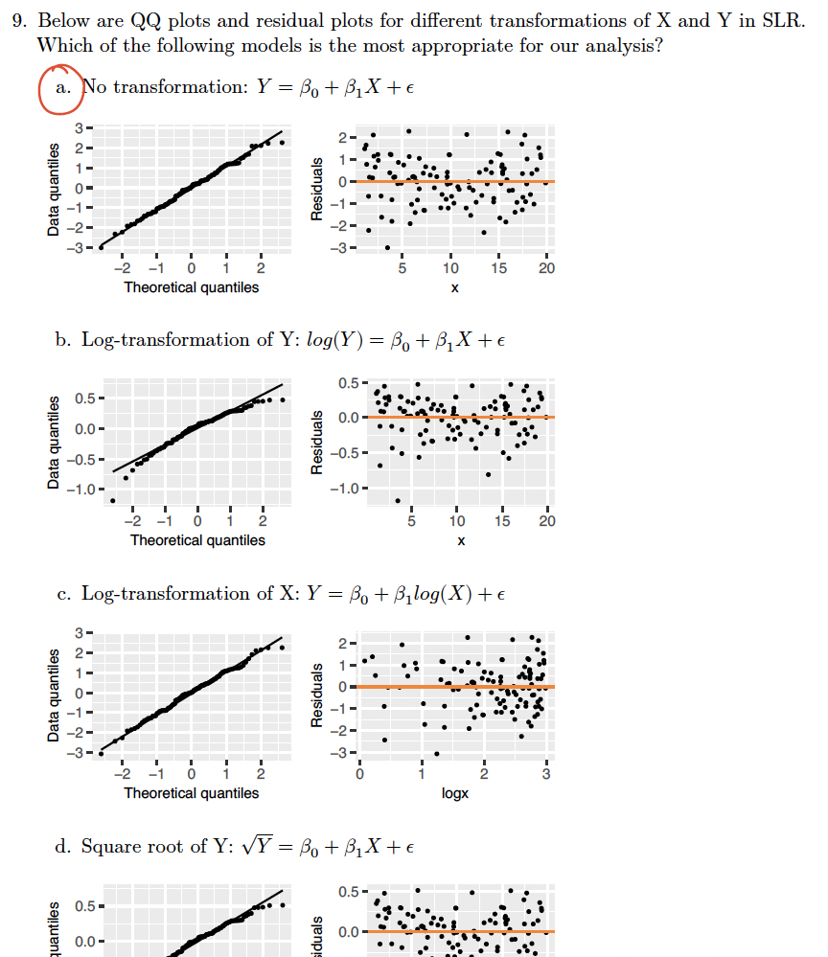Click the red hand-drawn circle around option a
pyautogui.click(x=61, y=89)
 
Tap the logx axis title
pyautogui.click(x=455, y=793)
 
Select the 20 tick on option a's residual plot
pyautogui.click(x=546, y=269)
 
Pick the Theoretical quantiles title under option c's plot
pyautogui.click(x=191, y=793)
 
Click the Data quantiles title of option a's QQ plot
pyautogui.click(x=55, y=190)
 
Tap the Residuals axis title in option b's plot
pyautogui.click(x=315, y=444)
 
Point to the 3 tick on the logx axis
pyautogui.click(x=546, y=774)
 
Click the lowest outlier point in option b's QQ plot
pyautogui.click(x=113, y=500)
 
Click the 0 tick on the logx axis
pyautogui.click(x=360, y=774)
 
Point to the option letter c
pyautogui.click(x=62, y=594)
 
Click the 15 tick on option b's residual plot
pyautogui.click(x=503, y=521)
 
